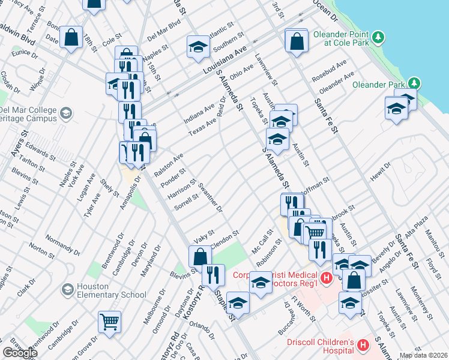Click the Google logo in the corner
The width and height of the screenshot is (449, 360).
[20, 353]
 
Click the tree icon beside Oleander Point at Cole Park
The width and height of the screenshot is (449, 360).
[378, 38]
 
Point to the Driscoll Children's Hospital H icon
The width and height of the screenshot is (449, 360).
[363, 345]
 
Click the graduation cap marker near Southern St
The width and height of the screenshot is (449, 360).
[196, 47]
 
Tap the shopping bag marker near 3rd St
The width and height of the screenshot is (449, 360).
[297, 41]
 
